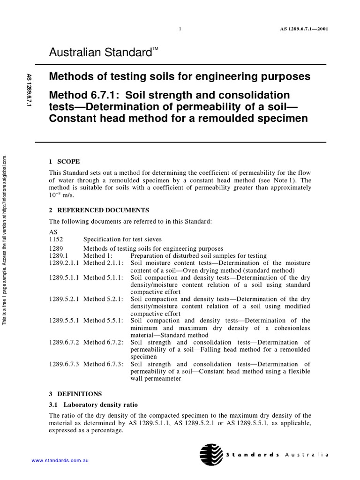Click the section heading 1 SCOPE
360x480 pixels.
(x=64, y=161)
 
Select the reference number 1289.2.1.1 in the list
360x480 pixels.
(x=65, y=263)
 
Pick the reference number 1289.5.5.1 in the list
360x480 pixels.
(x=65, y=321)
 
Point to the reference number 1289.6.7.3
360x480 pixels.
(x=65, y=364)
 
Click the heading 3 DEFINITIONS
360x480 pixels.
(x=75, y=394)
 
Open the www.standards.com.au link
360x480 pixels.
(x=60, y=461)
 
